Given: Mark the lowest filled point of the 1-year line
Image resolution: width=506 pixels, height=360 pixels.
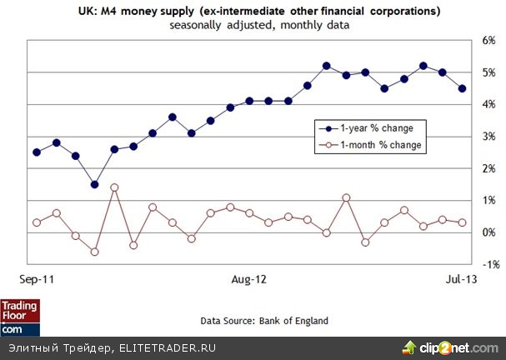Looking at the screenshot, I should pyautogui.click(x=94, y=184).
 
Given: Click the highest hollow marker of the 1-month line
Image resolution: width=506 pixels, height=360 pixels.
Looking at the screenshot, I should pyautogui.click(x=114, y=187).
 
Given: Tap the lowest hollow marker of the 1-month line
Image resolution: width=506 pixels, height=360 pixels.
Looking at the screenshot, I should pyautogui.click(x=94, y=252).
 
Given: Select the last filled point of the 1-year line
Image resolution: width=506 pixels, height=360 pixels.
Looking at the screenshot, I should pyautogui.click(x=462, y=88).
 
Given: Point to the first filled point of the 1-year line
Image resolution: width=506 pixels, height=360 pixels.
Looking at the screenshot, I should pyautogui.click(x=37, y=152).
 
